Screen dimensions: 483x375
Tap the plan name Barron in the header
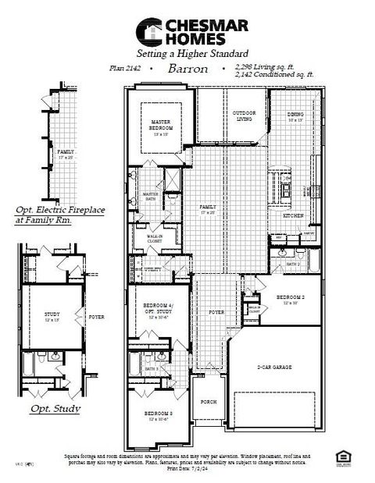187,69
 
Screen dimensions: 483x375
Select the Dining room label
295,117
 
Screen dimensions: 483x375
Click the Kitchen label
293,215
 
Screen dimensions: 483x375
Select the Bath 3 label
152,368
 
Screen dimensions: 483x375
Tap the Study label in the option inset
52,316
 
